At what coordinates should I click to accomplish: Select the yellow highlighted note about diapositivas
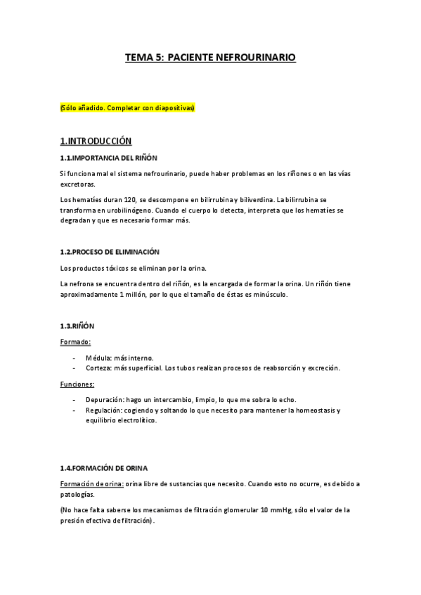[x=127, y=109]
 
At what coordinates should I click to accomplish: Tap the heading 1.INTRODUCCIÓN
[x=96, y=140]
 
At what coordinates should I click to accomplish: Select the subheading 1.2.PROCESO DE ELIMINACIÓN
[x=110, y=252]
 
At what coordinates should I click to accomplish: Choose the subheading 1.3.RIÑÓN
[x=77, y=326]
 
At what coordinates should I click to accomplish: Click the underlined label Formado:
[x=75, y=342]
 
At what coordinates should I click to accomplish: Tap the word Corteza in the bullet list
[x=99, y=368]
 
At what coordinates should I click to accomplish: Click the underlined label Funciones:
[x=77, y=384]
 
